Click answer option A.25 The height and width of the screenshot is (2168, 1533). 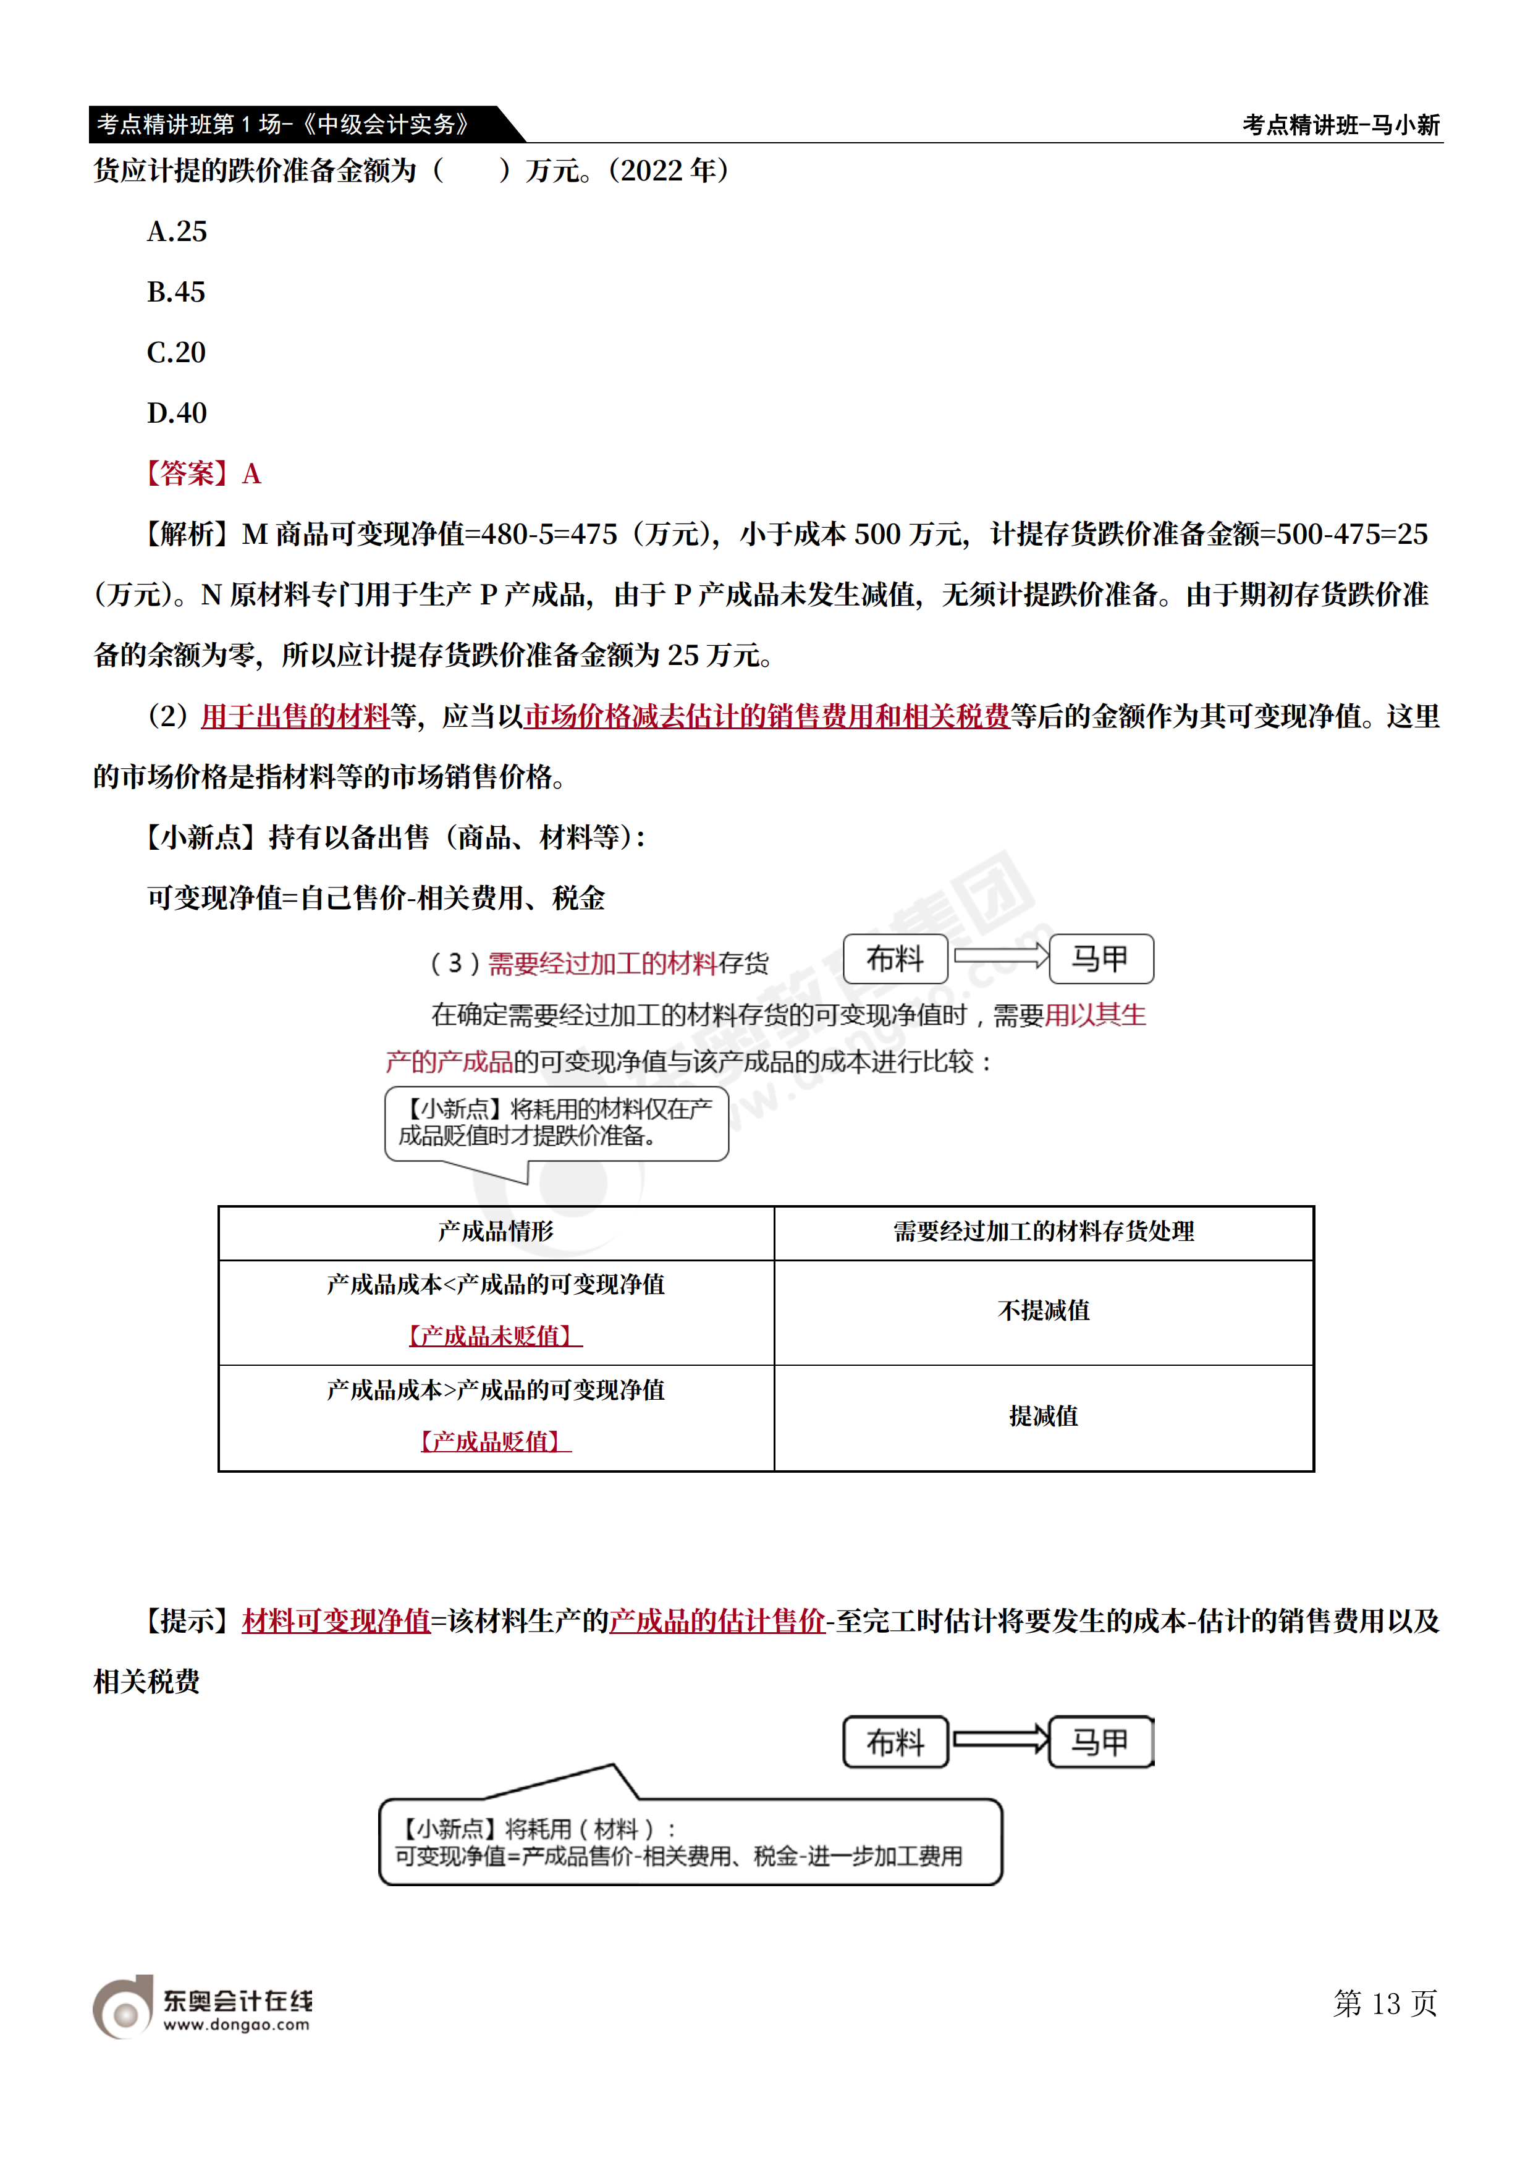point(177,231)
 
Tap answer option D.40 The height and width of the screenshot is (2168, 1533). point(177,413)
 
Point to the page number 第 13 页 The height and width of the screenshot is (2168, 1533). point(1385,2003)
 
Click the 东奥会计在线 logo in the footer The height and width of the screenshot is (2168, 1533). point(202,2007)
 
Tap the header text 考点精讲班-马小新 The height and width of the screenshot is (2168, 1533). point(1340,125)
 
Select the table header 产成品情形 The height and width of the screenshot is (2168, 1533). point(496,1231)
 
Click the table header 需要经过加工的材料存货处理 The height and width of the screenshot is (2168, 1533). point(1043,1231)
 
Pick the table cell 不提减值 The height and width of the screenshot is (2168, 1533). point(1043,1311)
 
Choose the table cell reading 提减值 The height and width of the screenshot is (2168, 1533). point(1043,1416)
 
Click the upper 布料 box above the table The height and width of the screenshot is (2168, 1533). point(895,959)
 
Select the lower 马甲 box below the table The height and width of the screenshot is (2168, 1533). point(1100,1742)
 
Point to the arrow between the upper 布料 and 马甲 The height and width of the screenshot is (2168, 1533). point(1000,957)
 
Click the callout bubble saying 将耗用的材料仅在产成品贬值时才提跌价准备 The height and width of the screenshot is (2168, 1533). point(556,1123)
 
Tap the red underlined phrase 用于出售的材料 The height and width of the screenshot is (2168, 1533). point(295,717)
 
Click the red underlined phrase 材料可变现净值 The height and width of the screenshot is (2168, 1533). point(336,1621)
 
